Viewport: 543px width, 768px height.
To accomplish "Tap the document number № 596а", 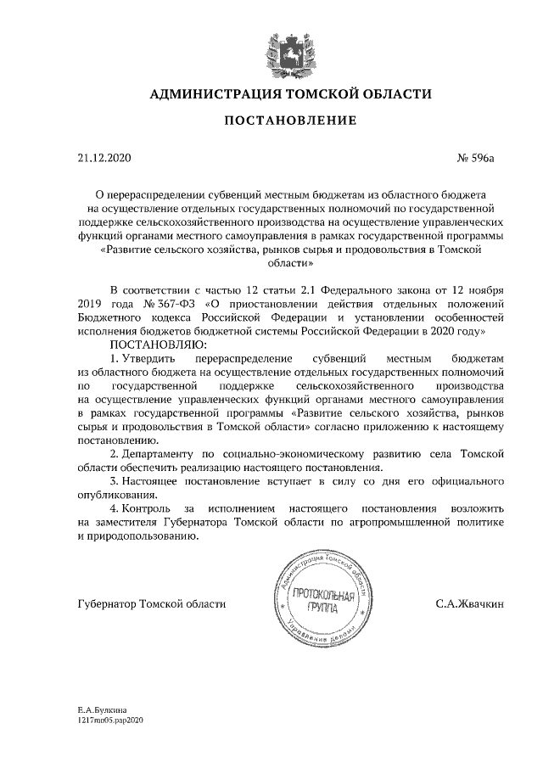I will click(x=475, y=157).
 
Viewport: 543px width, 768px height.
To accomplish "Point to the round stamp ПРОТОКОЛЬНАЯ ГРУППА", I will click(x=314, y=604).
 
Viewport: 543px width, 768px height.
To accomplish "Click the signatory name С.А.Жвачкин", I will click(x=469, y=604).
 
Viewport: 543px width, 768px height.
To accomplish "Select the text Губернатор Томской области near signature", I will click(x=151, y=604).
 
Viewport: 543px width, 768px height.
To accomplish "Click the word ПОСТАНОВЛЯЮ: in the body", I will click(x=154, y=345).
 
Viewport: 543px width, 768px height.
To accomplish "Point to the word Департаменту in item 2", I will click(x=160, y=455).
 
